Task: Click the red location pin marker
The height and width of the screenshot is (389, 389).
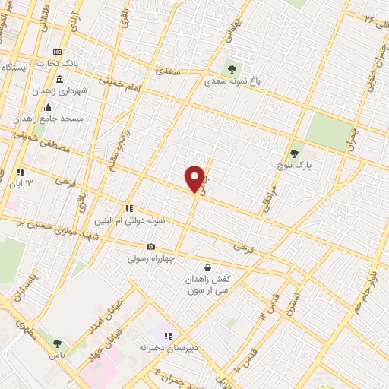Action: pos(194,178)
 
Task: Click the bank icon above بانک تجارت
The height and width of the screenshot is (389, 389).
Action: pos(58,51)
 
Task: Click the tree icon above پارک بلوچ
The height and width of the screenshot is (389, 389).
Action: pos(295,153)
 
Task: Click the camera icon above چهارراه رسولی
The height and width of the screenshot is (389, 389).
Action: pos(150,246)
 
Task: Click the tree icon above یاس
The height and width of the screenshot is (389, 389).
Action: pos(58,344)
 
